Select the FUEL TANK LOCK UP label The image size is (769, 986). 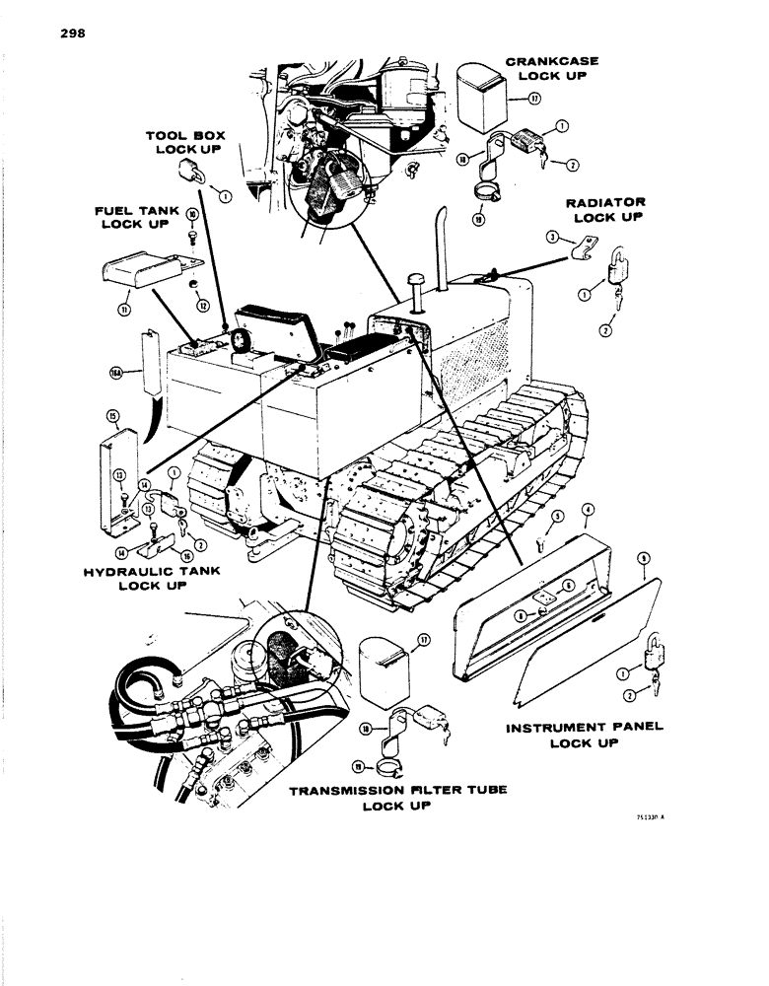point(137,217)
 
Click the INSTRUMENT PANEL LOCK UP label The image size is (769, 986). point(585,734)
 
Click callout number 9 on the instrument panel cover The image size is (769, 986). point(643,558)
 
